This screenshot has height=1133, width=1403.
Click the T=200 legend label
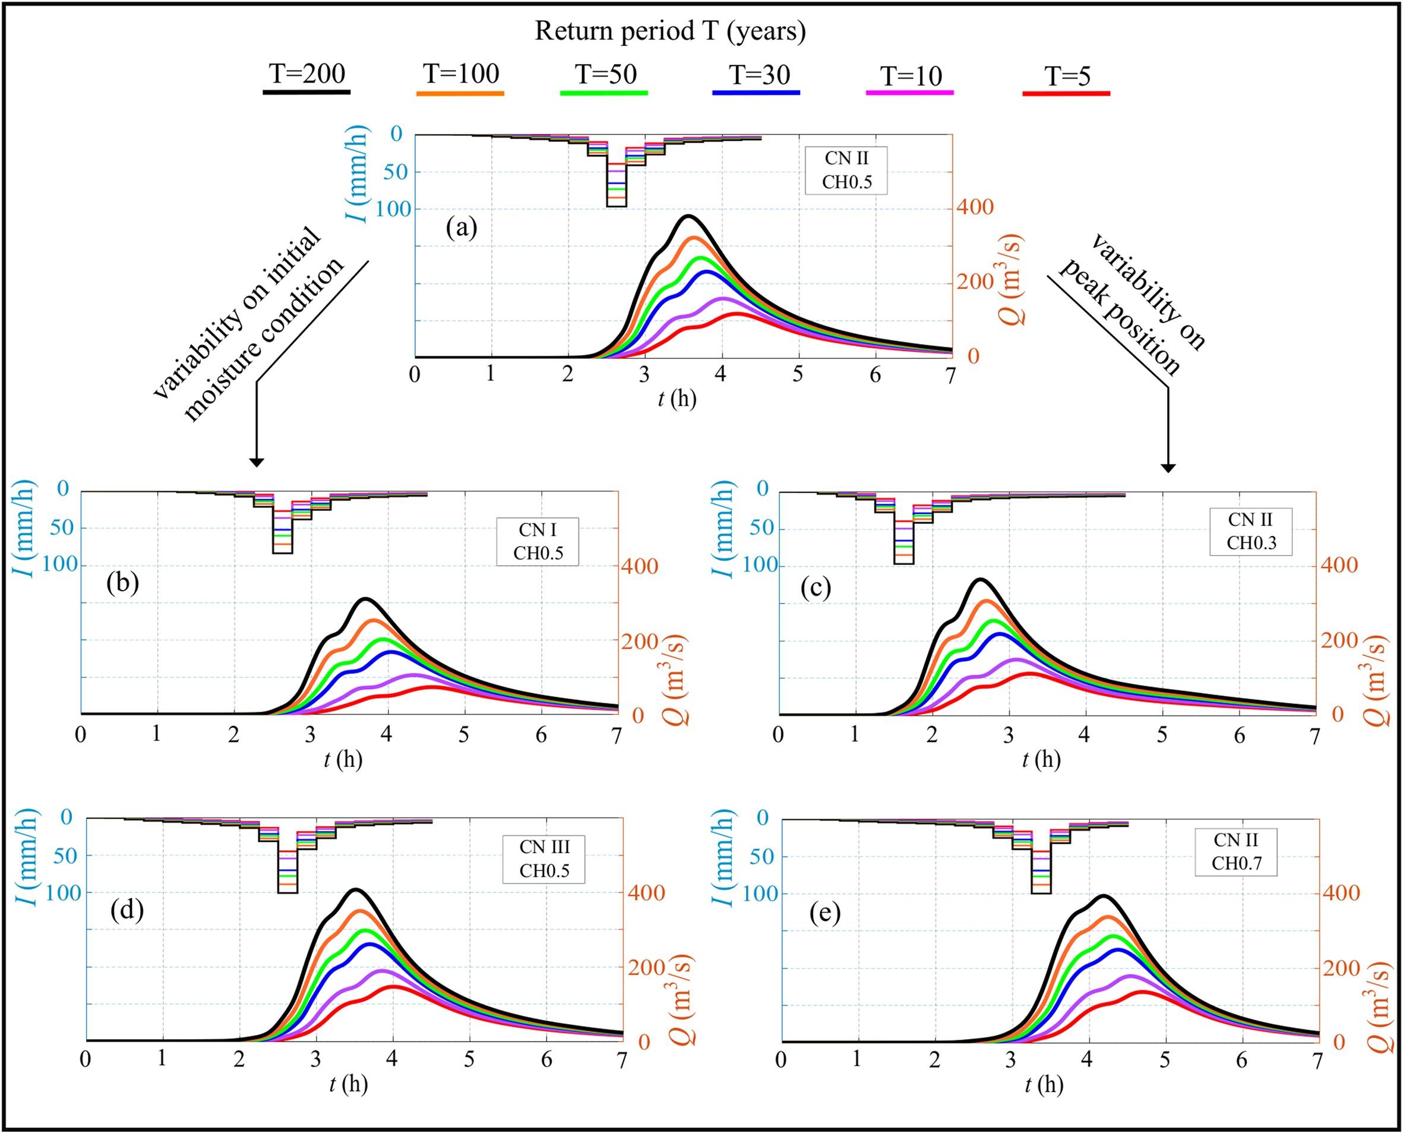point(306,75)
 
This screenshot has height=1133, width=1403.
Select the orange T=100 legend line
point(460,94)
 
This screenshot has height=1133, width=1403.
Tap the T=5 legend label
point(1067,77)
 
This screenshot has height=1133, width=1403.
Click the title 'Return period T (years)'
point(670,31)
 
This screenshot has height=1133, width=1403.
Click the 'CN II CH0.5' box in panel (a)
point(846,171)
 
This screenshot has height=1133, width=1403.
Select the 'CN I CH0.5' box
point(538,541)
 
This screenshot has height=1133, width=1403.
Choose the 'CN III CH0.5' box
point(543,859)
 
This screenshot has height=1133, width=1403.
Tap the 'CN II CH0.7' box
point(1236,851)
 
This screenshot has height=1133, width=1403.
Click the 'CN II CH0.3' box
point(1250,531)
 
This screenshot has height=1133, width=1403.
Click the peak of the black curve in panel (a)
point(688,216)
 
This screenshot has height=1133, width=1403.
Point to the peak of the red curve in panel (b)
point(432,687)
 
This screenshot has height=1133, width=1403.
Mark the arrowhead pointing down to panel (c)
point(1168,468)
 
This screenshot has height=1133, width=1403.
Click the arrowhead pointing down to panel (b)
point(257,462)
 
